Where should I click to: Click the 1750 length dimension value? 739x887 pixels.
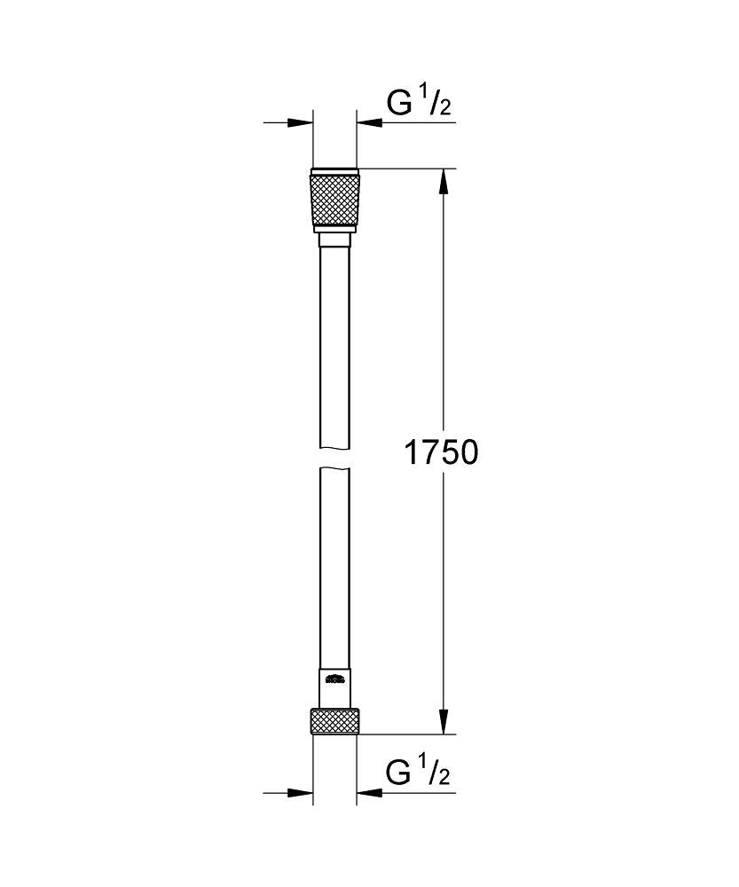(441, 453)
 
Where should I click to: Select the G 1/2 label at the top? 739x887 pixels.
(419, 105)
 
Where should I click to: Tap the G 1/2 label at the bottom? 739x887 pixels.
(419, 774)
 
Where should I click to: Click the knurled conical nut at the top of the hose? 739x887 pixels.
(334, 200)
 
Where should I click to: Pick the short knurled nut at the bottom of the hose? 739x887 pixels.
(334, 721)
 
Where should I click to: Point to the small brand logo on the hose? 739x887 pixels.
(334, 680)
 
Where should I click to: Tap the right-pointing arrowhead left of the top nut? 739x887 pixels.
(302, 123)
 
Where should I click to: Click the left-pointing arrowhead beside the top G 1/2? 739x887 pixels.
(368, 123)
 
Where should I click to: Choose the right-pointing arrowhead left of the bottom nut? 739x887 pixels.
(302, 793)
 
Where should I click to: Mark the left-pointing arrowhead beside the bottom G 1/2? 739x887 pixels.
(368, 793)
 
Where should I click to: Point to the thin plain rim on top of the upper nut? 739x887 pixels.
(334, 170)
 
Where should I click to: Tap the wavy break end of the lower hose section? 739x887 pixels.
(334, 469)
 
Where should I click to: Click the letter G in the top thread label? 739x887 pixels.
(398, 105)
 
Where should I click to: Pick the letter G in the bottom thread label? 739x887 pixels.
(398, 774)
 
